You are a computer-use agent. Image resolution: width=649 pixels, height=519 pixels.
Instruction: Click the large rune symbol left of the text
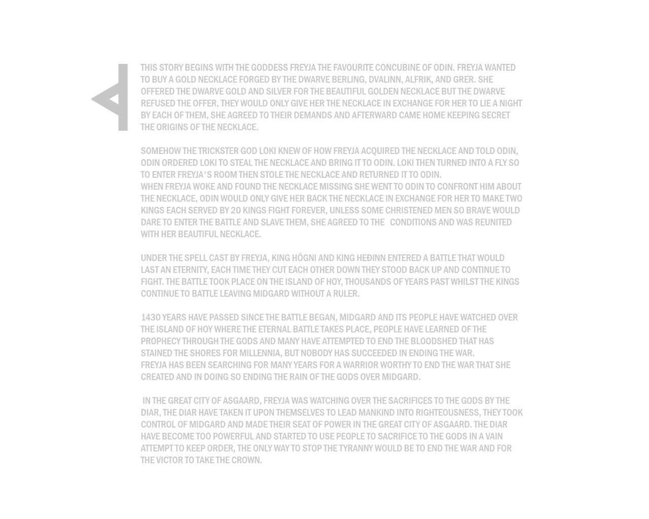[x=123, y=97]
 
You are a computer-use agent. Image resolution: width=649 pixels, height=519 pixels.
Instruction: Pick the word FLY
[x=500, y=163]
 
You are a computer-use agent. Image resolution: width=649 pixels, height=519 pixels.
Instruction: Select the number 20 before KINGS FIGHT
[x=236, y=210]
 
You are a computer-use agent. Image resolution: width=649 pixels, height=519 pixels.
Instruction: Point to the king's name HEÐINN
[x=371, y=258]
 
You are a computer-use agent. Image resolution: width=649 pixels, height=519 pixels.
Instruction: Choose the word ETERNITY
[x=191, y=270]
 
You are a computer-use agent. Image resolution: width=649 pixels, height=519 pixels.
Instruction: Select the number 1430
[x=151, y=318]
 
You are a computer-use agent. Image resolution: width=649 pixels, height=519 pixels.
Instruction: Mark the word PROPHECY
[x=161, y=341]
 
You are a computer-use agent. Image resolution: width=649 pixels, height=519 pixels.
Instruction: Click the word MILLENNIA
[x=261, y=353]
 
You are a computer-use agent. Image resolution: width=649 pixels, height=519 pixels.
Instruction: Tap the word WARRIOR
[x=360, y=365]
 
